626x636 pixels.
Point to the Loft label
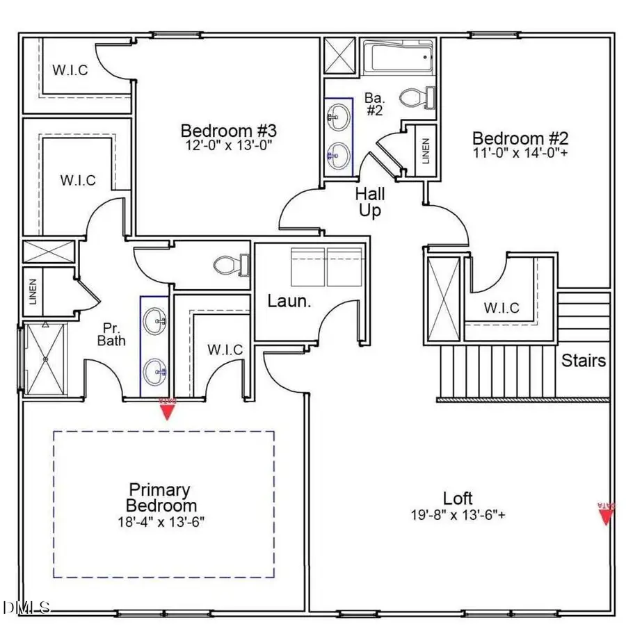(x=458, y=498)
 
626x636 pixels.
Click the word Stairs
(x=584, y=361)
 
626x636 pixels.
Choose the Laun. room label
(x=288, y=302)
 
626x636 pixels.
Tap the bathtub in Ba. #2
(x=398, y=58)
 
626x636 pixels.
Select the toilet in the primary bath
(x=230, y=264)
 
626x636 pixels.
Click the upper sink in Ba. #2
(x=339, y=116)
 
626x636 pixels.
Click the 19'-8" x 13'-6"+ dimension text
(x=458, y=516)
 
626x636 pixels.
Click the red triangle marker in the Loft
(x=607, y=514)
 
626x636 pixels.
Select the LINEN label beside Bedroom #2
(x=426, y=149)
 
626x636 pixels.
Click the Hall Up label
(x=370, y=202)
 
